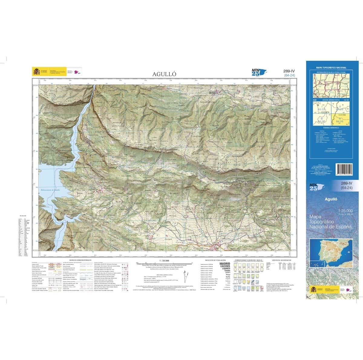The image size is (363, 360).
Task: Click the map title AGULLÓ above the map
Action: pyautogui.click(x=164, y=74)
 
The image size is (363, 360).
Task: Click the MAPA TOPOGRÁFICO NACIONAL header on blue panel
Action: pyautogui.click(x=331, y=68)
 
